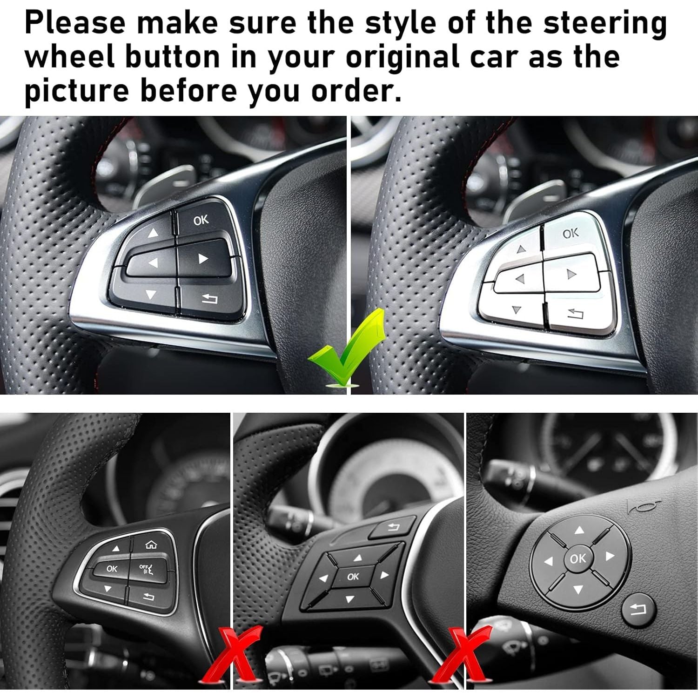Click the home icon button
point(150,544)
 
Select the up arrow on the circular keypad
point(578,530)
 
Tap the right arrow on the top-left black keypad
point(202,259)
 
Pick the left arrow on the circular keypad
point(550,562)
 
